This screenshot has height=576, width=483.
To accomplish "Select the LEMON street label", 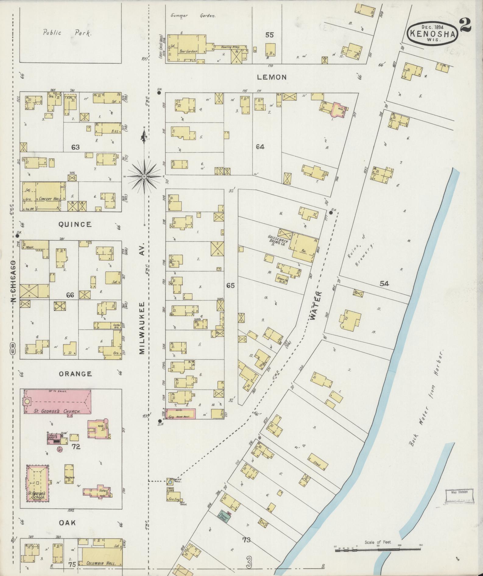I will (272, 77).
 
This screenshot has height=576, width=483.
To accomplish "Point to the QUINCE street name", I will (75, 224).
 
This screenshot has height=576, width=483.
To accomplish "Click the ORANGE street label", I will (76, 374).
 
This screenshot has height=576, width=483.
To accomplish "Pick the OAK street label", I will (67, 522).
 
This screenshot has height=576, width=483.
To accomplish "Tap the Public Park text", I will (67, 33).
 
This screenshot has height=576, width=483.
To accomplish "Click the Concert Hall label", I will (49, 199).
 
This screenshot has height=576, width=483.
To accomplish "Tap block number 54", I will (384, 284).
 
